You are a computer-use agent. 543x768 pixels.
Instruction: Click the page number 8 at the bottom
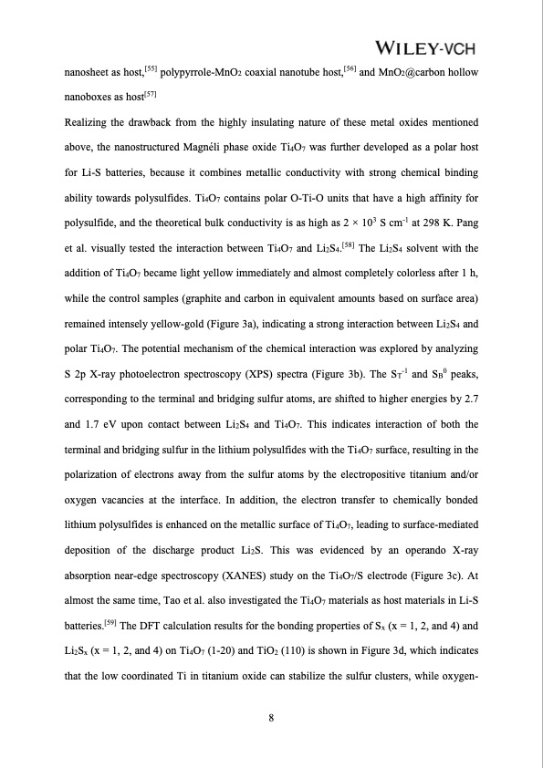click(x=271, y=717)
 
